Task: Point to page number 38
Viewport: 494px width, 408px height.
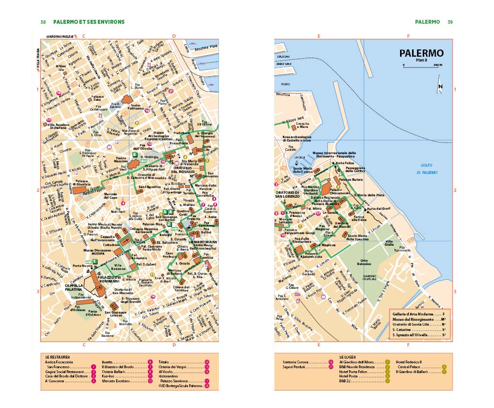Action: pyautogui.click(x=43, y=22)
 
